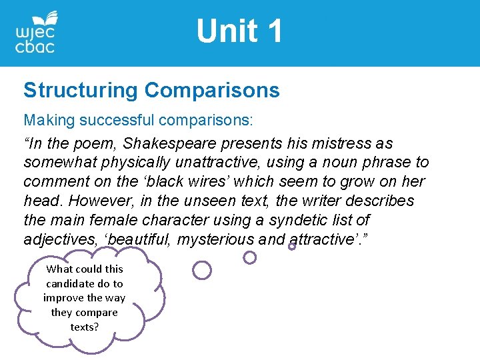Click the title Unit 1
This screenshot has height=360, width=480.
point(239,31)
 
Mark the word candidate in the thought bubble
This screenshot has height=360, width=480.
point(84,283)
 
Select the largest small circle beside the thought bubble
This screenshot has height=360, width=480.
point(201,270)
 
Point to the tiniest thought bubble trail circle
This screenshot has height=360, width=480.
point(292,246)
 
